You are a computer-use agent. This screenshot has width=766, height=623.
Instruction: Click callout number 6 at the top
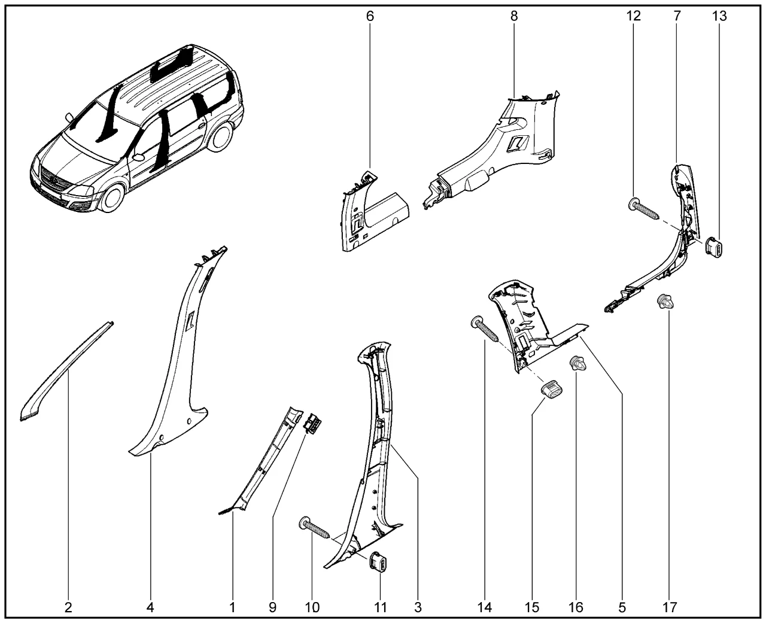[x=370, y=16]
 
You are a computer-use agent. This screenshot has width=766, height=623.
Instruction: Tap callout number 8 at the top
[x=514, y=16]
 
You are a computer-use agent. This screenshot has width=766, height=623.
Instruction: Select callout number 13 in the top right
[x=719, y=16]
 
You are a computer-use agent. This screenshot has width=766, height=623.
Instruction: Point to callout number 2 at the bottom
[x=68, y=607]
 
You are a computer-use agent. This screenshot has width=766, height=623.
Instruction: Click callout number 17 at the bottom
[x=670, y=607]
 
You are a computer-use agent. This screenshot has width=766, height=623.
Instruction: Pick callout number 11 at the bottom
[x=381, y=607]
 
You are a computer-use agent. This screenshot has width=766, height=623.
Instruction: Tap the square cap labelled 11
[x=379, y=563]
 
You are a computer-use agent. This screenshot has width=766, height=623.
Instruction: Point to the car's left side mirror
[x=139, y=157]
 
